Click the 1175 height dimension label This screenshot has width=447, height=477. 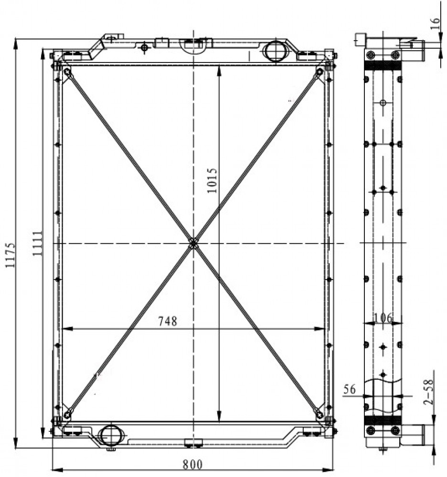point(10,255)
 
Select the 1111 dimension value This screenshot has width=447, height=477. point(38,243)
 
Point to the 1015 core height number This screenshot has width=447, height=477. point(212,180)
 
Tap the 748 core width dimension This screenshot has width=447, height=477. point(168,321)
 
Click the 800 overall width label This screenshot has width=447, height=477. point(192,465)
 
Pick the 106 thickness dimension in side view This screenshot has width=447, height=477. point(383,318)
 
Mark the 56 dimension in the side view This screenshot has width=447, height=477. point(349,389)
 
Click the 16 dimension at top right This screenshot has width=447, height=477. point(436,23)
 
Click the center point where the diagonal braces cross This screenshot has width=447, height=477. point(193,243)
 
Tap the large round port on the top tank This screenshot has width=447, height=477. point(275,51)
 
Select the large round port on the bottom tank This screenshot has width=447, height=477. point(111,435)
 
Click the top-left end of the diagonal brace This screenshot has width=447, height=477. point(67,73)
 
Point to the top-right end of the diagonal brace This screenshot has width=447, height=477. point(319,72)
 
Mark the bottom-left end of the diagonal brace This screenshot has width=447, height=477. point(67,414)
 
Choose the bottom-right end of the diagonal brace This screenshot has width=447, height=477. point(319,414)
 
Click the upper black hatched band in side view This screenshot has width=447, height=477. point(383,65)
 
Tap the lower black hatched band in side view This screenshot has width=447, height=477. point(383,420)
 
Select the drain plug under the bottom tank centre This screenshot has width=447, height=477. point(192,443)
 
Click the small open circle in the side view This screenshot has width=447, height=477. point(383,103)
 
